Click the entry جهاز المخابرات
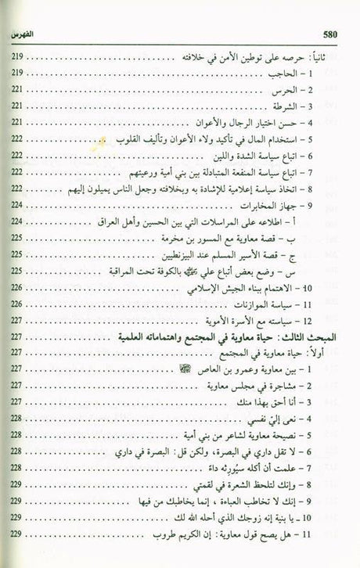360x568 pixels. click(281, 206)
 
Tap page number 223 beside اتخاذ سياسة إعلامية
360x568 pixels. click(23, 189)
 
